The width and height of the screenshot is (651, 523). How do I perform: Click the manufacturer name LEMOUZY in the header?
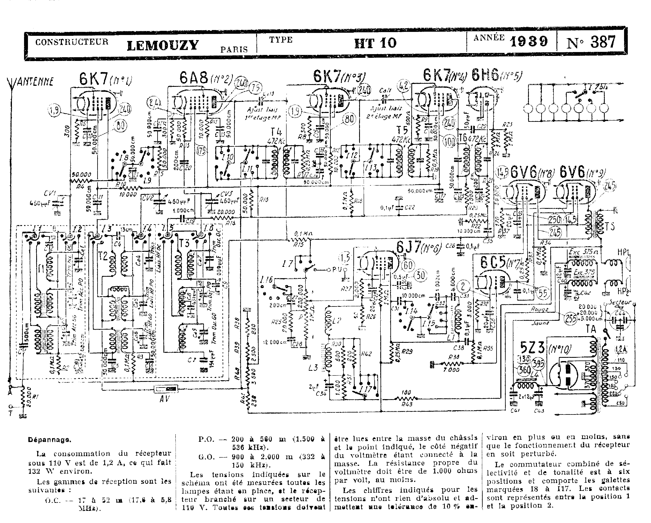coord(163,45)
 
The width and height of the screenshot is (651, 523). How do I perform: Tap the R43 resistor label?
coord(405,404)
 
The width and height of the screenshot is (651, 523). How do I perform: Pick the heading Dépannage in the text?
coord(50,440)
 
